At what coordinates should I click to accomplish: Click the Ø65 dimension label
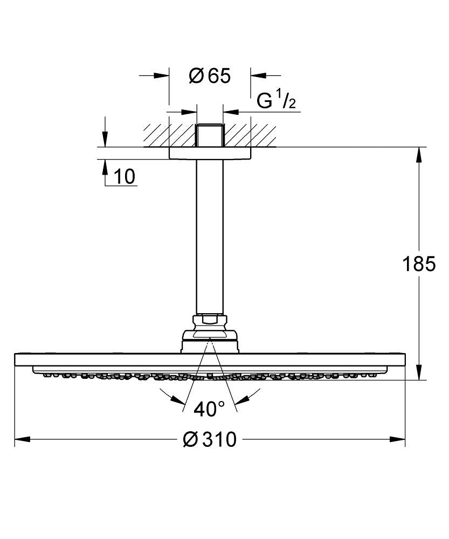210,76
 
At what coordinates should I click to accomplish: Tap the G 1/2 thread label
276,101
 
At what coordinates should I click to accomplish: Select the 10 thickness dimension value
125,176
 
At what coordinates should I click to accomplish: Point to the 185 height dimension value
419,264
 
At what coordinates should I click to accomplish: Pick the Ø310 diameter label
210,440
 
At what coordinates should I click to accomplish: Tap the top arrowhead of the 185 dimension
419,154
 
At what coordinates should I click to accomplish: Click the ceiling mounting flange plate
210,153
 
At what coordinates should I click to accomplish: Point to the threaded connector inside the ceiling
210,135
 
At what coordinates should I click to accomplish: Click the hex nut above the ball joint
210,320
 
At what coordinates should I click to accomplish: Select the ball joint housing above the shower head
210,340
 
